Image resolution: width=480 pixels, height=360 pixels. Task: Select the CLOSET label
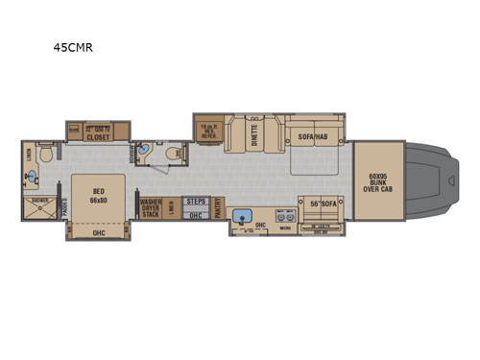click(96, 136)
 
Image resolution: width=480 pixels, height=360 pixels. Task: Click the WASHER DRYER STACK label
click(152, 208)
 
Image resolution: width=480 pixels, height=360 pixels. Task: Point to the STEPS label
click(196, 202)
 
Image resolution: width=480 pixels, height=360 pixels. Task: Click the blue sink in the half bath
click(145, 152)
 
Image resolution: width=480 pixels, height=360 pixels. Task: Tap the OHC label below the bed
click(98, 232)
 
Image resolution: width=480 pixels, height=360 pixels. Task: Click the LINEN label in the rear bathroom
click(29, 154)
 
